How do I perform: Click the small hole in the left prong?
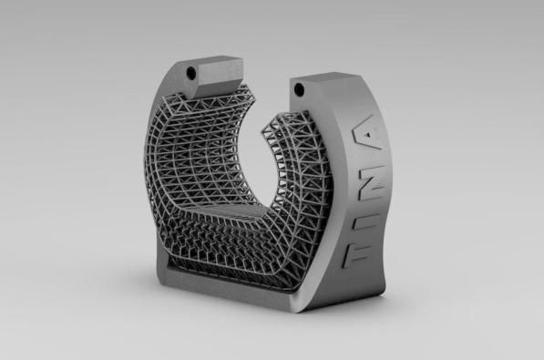[191, 73]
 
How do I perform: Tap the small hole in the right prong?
[299, 89]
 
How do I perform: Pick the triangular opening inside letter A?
[370, 134]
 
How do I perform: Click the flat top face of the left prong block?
[211, 60]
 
